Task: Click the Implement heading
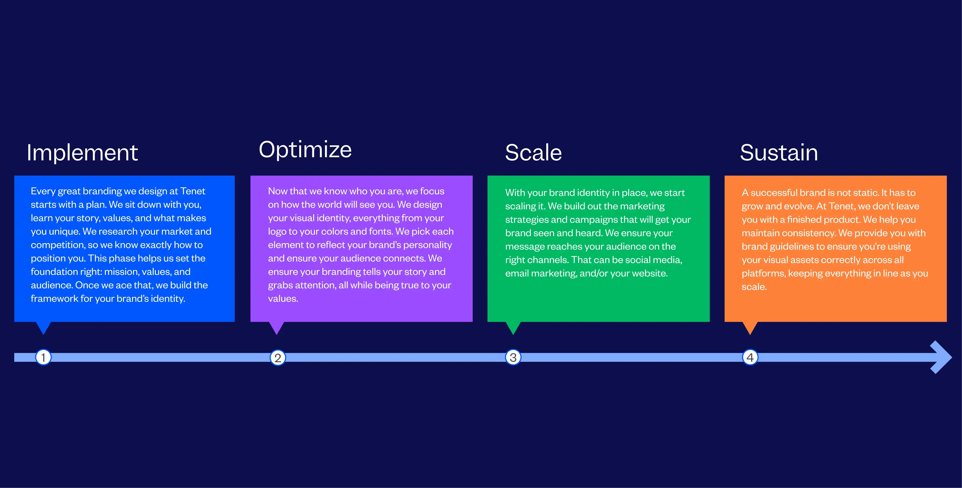pyautogui.click(x=82, y=153)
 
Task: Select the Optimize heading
pyautogui.click(x=305, y=150)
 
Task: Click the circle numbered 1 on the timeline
pyautogui.click(x=43, y=357)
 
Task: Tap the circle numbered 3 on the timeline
pyautogui.click(x=513, y=357)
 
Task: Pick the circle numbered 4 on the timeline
pyautogui.click(x=750, y=357)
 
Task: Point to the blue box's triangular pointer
pyautogui.click(x=43, y=327)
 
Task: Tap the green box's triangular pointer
pyautogui.click(x=513, y=327)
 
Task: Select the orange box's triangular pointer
pyautogui.click(x=750, y=327)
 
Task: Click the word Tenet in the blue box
pyautogui.click(x=193, y=191)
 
